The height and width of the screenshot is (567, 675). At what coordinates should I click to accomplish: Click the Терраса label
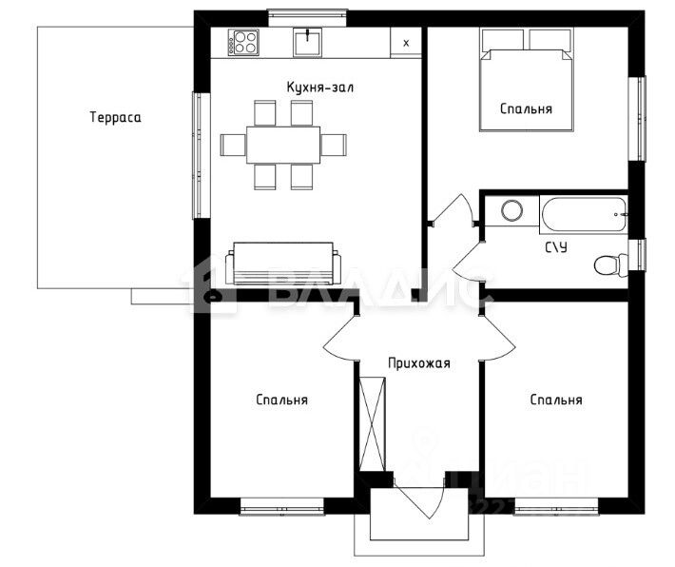115,117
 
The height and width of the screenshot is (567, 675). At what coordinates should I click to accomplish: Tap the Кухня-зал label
320,87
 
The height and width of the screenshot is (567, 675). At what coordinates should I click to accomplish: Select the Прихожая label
419,363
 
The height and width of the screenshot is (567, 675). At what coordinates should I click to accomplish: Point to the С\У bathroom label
556,247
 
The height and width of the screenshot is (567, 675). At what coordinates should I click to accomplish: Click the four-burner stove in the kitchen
243,42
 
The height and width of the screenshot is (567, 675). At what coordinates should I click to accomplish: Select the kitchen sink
307,42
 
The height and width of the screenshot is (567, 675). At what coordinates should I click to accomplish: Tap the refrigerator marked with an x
406,42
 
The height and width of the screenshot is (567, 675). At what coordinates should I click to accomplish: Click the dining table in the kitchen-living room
283,145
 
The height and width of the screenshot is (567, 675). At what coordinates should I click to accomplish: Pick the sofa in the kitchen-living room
283,264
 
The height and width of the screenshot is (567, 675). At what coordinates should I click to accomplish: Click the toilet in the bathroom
611,265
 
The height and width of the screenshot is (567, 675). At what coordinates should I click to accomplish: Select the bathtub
584,215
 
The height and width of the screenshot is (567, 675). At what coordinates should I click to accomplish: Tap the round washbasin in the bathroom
512,211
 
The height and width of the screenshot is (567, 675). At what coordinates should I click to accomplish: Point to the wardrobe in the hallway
373,424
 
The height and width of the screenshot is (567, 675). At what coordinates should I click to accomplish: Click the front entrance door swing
419,497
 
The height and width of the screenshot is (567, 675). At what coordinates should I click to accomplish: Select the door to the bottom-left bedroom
341,338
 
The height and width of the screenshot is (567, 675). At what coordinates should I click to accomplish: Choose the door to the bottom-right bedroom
497,338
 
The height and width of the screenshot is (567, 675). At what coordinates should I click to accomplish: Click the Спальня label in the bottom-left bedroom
282,400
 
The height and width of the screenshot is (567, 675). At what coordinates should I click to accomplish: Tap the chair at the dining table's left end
233,145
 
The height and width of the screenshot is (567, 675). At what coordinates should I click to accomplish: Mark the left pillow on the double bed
502,40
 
